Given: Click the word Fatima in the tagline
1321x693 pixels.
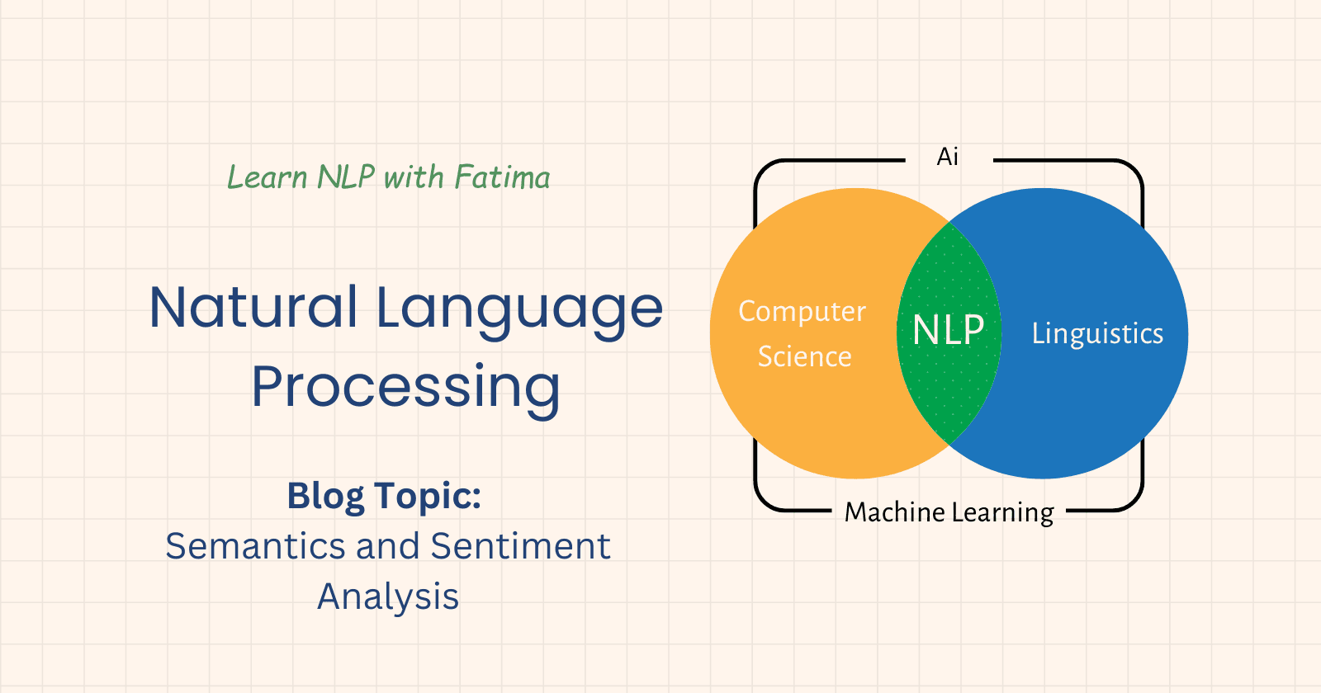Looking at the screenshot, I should click(x=502, y=177).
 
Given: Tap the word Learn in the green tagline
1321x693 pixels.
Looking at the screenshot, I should click(x=267, y=177).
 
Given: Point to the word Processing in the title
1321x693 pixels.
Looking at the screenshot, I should click(x=405, y=387).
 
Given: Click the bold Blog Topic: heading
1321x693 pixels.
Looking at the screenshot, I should click(x=384, y=497).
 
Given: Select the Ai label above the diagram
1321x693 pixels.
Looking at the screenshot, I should click(x=948, y=157).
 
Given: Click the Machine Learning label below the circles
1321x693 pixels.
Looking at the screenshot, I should click(x=949, y=512).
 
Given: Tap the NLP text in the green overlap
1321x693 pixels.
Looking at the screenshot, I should click(x=948, y=331).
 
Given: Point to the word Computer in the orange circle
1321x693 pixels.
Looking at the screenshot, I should click(x=802, y=312).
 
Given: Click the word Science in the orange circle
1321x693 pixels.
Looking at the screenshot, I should click(x=804, y=356).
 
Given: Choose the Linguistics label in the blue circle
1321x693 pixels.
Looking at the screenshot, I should click(x=1097, y=333).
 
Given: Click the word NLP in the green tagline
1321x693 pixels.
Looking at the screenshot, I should click(x=346, y=177).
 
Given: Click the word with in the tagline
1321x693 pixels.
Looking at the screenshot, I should click(x=414, y=177).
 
